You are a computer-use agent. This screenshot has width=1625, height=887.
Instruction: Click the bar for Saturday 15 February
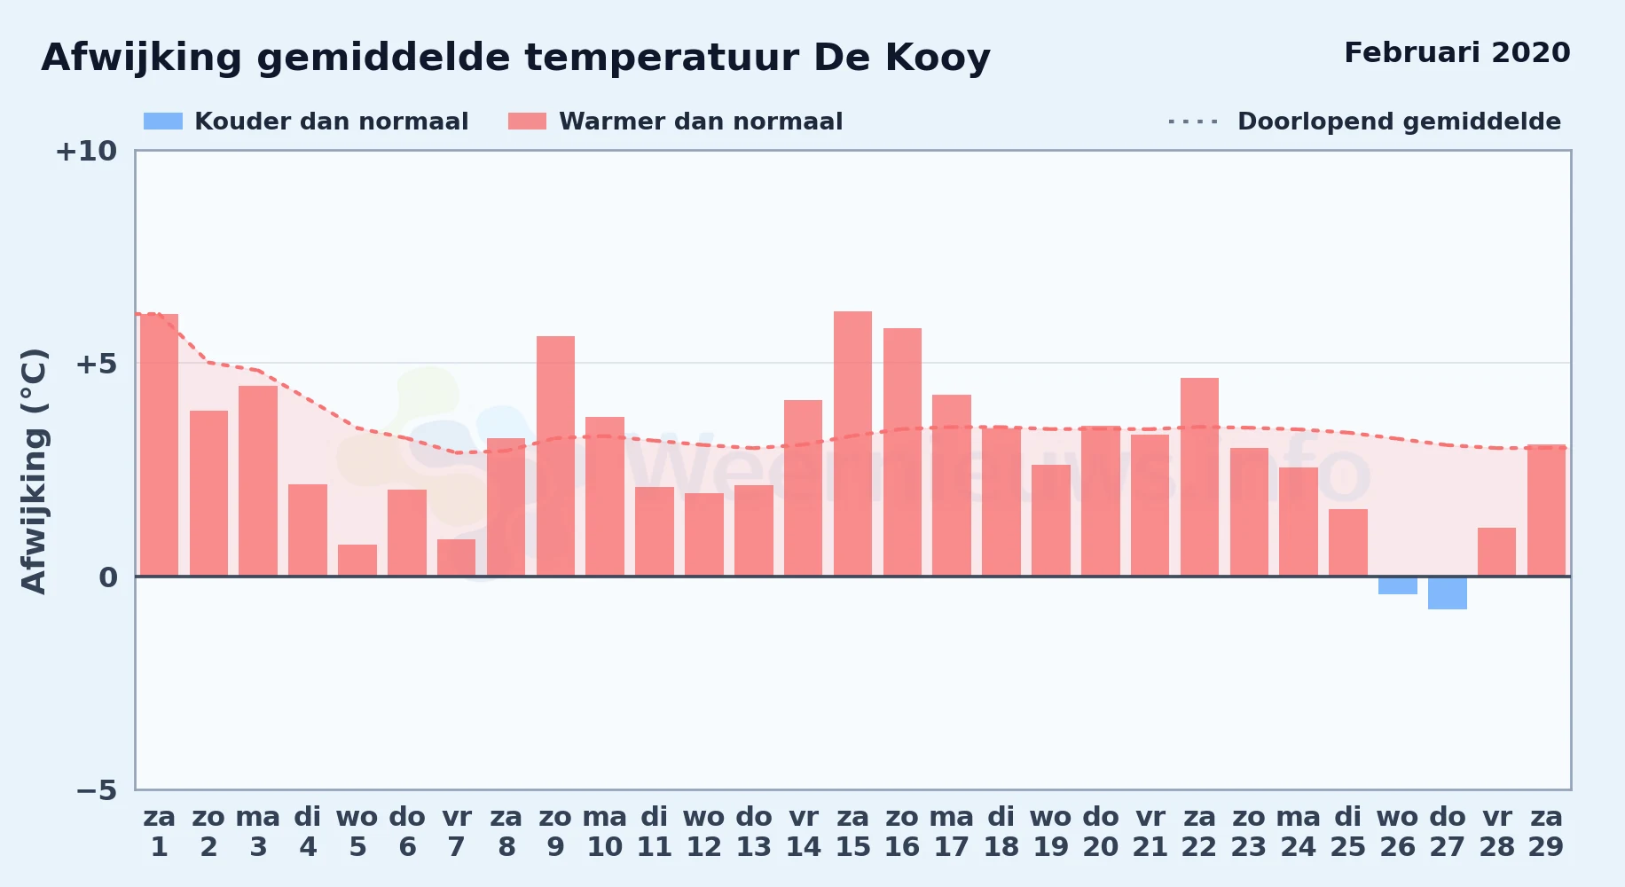852,443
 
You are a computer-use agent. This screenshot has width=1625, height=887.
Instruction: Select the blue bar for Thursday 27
1447,593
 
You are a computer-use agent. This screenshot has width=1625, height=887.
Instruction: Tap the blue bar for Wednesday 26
1397,585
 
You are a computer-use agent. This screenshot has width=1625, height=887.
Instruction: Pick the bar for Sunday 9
555,456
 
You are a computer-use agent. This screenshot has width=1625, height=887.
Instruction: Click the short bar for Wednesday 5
357,561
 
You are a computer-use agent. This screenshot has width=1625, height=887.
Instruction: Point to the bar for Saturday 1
159,445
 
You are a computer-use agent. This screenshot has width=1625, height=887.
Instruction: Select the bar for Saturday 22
1199,477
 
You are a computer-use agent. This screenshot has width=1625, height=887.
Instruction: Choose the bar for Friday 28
1496,552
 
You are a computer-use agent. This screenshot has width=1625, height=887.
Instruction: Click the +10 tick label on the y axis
86,151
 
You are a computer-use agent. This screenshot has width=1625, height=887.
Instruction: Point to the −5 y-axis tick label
97,789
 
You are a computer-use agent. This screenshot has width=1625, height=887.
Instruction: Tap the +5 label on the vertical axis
96,364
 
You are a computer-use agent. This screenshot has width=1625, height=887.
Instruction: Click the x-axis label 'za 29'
1546,831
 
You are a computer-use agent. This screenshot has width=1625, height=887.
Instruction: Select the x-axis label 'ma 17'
952,831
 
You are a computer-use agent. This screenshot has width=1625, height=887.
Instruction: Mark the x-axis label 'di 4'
308,831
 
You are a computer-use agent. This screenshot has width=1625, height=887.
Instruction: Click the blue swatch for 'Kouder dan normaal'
163,122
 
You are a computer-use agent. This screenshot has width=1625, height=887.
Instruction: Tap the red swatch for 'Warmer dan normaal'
528,122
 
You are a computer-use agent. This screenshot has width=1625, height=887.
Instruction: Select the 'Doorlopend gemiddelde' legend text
1399,122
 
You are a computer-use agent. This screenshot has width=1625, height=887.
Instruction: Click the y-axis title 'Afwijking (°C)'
34,470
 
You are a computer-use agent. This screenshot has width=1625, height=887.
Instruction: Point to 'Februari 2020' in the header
1457,52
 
